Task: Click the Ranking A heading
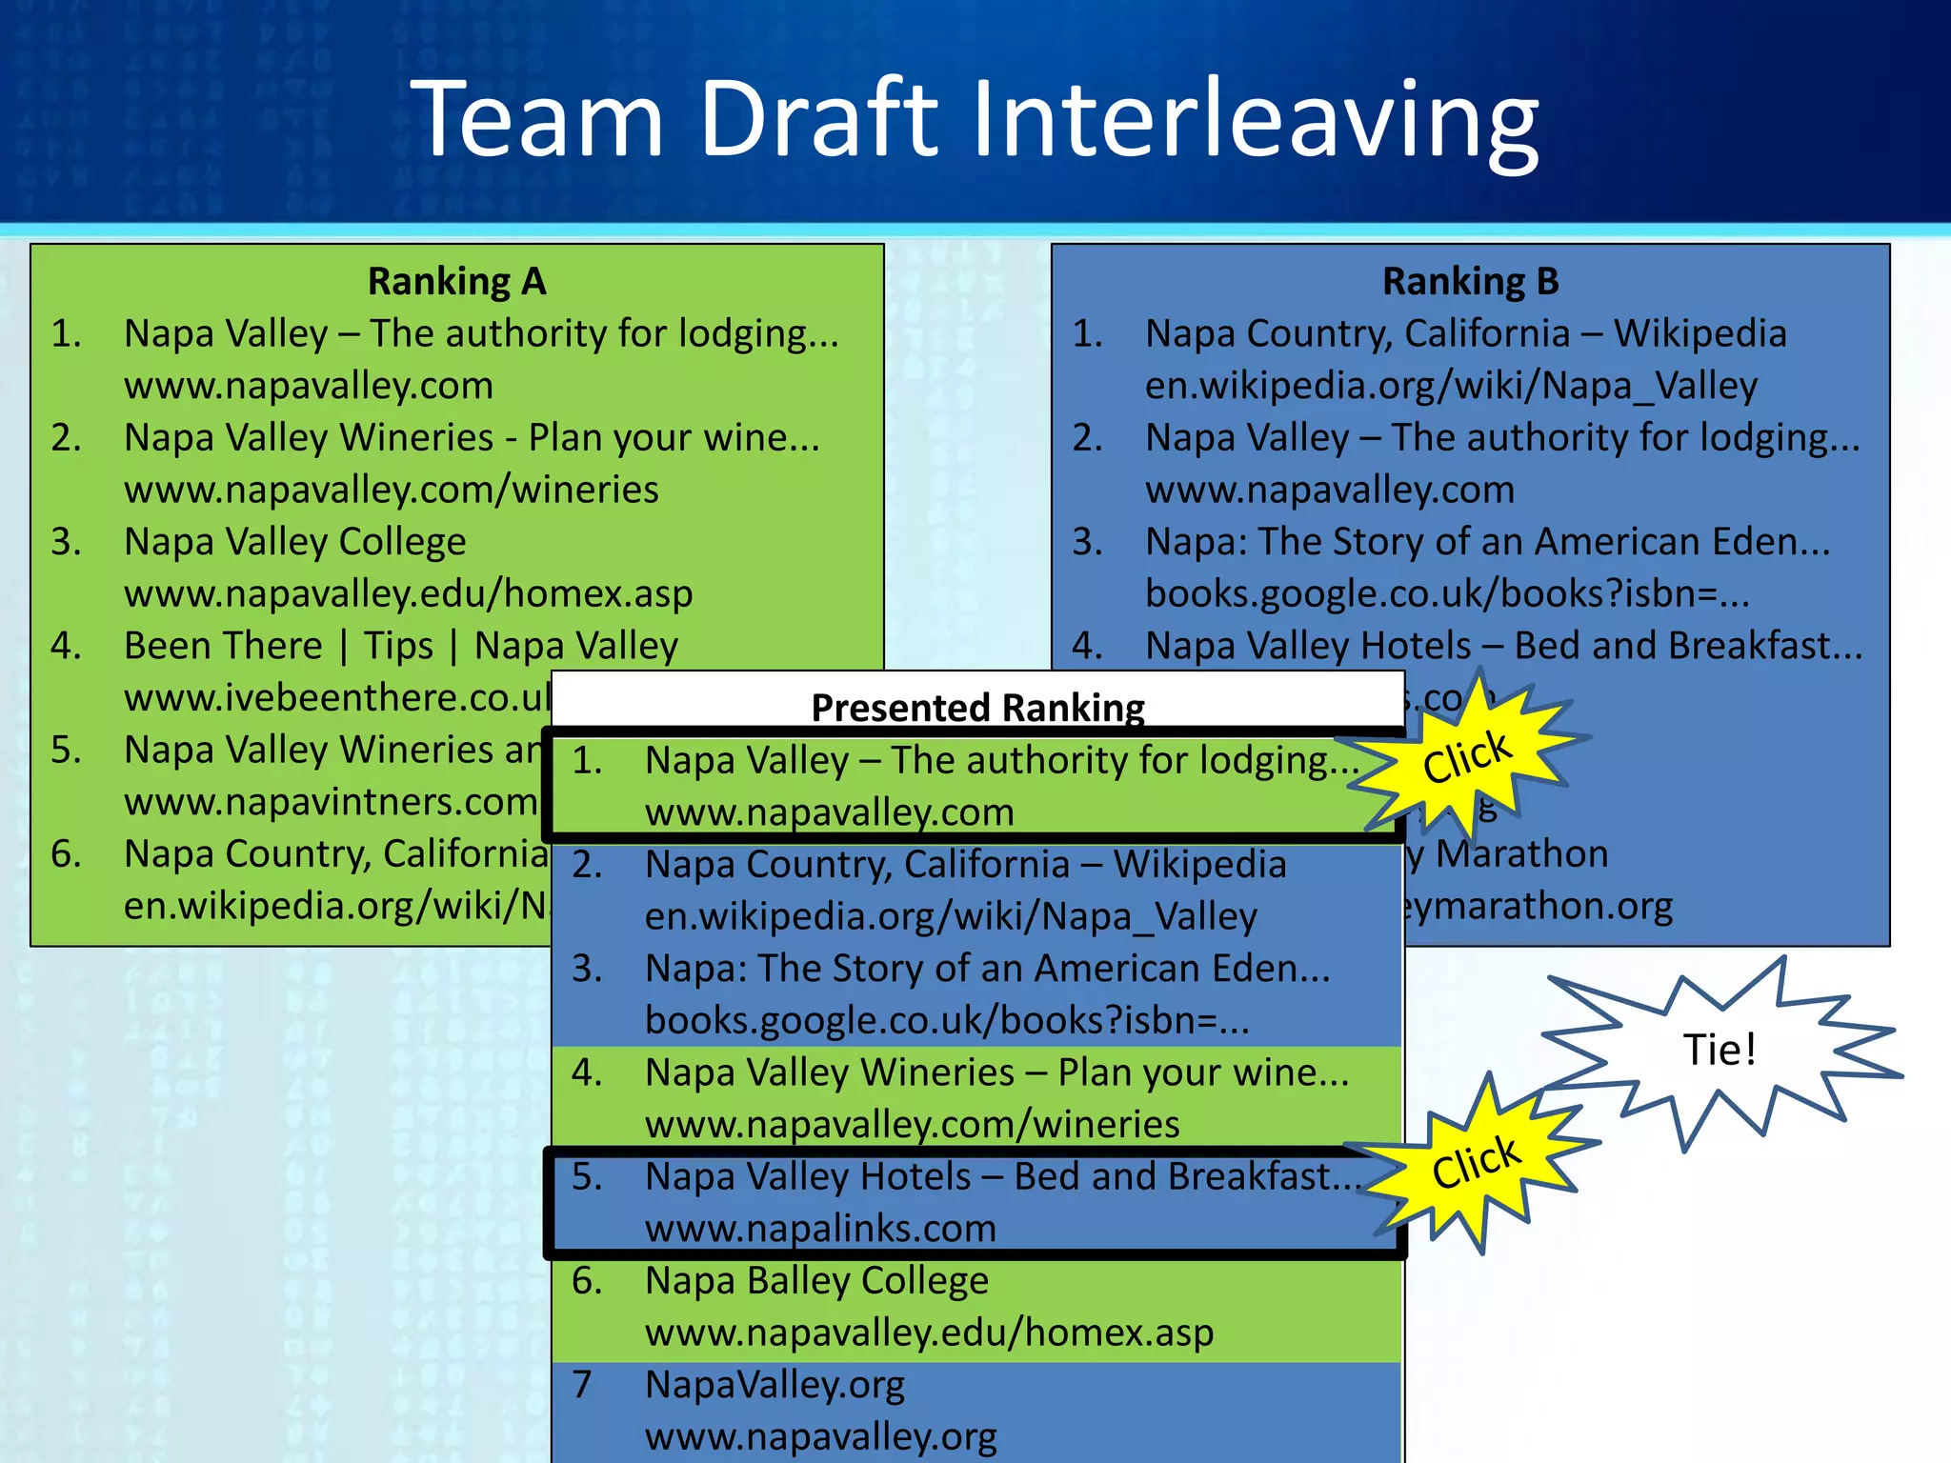pyautogui.click(x=456, y=281)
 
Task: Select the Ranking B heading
pyautogui.click(x=1470, y=281)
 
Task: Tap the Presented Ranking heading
pyautogui.click(x=977, y=708)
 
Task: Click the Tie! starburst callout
pyautogui.click(x=1719, y=1050)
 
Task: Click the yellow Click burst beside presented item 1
pyautogui.click(x=1466, y=757)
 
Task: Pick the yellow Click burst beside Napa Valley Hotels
pyautogui.click(x=1476, y=1163)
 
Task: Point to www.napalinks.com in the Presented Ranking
pyautogui.click(x=820, y=1229)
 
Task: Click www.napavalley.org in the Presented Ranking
pyautogui.click(x=820, y=1436)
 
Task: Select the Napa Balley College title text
pyautogui.click(x=816, y=1281)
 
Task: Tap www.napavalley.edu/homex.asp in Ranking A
pyautogui.click(x=408, y=594)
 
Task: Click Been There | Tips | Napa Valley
pyautogui.click(x=400, y=646)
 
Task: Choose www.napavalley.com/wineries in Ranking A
pyautogui.click(x=391, y=490)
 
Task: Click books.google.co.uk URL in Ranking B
pyautogui.click(x=1446, y=594)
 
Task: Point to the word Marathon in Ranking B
pyautogui.click(x=1521, y=854)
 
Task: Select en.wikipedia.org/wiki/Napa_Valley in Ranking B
pyautogui.click(x=1451, y=386)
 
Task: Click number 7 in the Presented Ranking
pyautogui.click(x=582, y=1384)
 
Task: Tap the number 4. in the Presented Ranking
pyautogui.click(x=587, y=1072)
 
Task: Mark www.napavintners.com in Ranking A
pyautogui.click(x=331, y=802)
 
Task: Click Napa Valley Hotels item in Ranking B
pyautogui.click(x=1502, y=646)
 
